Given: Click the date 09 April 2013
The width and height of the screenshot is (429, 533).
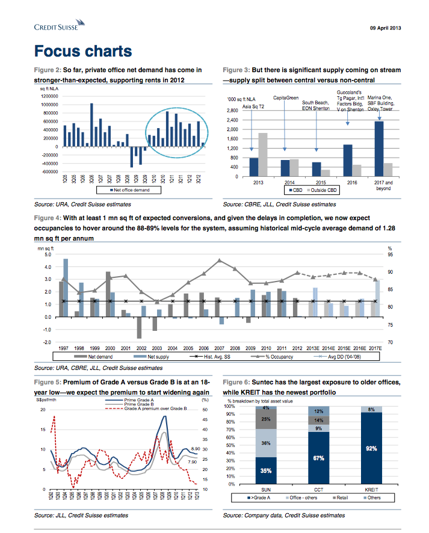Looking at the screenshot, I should pos(384,28).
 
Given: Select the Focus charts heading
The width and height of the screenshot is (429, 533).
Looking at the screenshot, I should pos(83,51).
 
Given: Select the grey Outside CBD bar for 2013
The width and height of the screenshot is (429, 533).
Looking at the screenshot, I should pos(263,155).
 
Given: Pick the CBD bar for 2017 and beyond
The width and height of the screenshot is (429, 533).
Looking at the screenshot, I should pos(379,149).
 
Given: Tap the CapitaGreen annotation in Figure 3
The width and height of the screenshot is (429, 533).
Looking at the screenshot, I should pos(286,97).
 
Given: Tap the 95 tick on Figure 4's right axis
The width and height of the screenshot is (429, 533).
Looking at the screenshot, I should pos(390,254).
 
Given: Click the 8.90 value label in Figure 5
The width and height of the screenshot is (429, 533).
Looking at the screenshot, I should pos(195,449).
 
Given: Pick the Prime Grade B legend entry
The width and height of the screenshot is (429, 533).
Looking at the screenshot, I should pos(139,404).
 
